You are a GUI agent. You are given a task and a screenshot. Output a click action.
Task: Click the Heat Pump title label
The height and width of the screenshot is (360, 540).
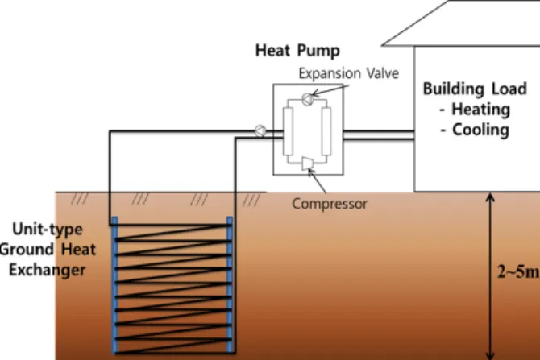(297, 51)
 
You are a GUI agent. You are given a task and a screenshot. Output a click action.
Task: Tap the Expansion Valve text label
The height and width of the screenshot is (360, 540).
(348, 73)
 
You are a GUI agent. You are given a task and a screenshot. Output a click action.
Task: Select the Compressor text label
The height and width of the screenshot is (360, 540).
(330, 204)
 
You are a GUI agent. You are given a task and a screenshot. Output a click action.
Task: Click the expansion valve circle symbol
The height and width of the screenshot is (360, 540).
(308, 99)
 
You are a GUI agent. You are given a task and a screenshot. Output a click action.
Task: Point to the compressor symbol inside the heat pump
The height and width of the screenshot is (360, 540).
(308, 163)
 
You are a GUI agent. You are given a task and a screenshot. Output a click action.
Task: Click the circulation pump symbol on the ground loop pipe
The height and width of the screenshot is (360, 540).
(260, 130)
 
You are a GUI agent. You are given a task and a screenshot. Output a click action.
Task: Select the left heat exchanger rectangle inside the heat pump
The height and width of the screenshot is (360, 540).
(289, 130)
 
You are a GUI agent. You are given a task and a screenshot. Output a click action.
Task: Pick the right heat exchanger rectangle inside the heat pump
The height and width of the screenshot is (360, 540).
(326, 130)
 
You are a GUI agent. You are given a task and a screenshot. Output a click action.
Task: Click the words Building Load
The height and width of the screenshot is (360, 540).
(475, 89)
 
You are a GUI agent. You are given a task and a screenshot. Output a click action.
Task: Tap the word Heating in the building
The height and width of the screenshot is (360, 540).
(480, 110)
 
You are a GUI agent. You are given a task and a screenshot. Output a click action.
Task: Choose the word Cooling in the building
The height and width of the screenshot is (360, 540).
(480, 130)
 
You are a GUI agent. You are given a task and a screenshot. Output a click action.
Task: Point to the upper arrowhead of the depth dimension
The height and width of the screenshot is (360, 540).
(490, 197)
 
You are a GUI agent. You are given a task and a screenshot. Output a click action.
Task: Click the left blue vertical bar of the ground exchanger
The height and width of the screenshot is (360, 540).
(115, 285)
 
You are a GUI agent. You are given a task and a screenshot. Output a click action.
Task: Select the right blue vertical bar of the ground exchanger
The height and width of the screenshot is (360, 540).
(230, 285)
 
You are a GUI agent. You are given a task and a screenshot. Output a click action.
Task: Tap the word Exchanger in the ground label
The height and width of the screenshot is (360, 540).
(48, 270)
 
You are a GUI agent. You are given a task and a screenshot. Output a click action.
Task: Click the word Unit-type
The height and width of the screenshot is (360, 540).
(48, 230)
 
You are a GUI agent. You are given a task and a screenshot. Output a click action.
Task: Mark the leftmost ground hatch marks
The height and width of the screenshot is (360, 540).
(80, 199)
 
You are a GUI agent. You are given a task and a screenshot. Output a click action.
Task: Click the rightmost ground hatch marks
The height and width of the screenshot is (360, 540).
(251, 200)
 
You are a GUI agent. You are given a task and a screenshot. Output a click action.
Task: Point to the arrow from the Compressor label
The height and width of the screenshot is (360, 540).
(317, 180)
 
